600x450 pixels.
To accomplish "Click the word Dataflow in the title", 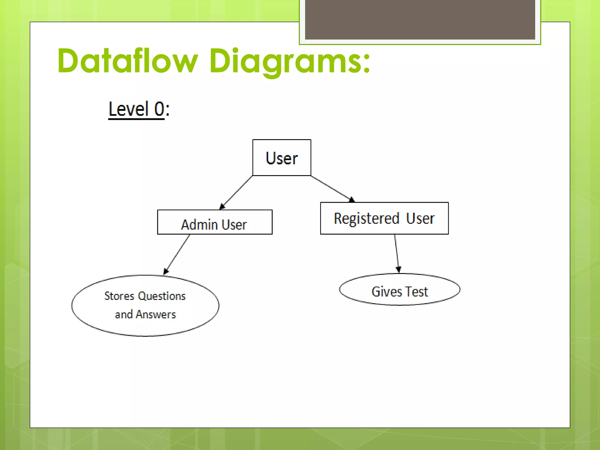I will (128, 61).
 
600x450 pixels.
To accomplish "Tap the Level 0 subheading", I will (139, 109).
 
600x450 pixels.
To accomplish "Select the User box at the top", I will (282, 158).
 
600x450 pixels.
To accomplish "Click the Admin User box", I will (215, 222).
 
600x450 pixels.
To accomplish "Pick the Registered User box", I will (384, 218).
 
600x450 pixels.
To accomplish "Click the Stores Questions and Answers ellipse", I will (145, 305).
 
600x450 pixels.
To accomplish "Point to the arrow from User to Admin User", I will (236, 192).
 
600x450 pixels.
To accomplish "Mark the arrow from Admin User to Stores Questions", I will (177, 254).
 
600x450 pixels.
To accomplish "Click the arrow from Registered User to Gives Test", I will (397, 253).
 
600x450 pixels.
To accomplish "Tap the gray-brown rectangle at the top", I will (420, 19).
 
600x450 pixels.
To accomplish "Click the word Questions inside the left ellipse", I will (161, 296).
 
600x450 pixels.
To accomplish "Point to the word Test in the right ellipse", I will (417, 292).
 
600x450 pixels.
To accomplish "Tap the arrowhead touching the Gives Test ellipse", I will (398, 270).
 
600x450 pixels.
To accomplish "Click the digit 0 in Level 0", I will (159, 109).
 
